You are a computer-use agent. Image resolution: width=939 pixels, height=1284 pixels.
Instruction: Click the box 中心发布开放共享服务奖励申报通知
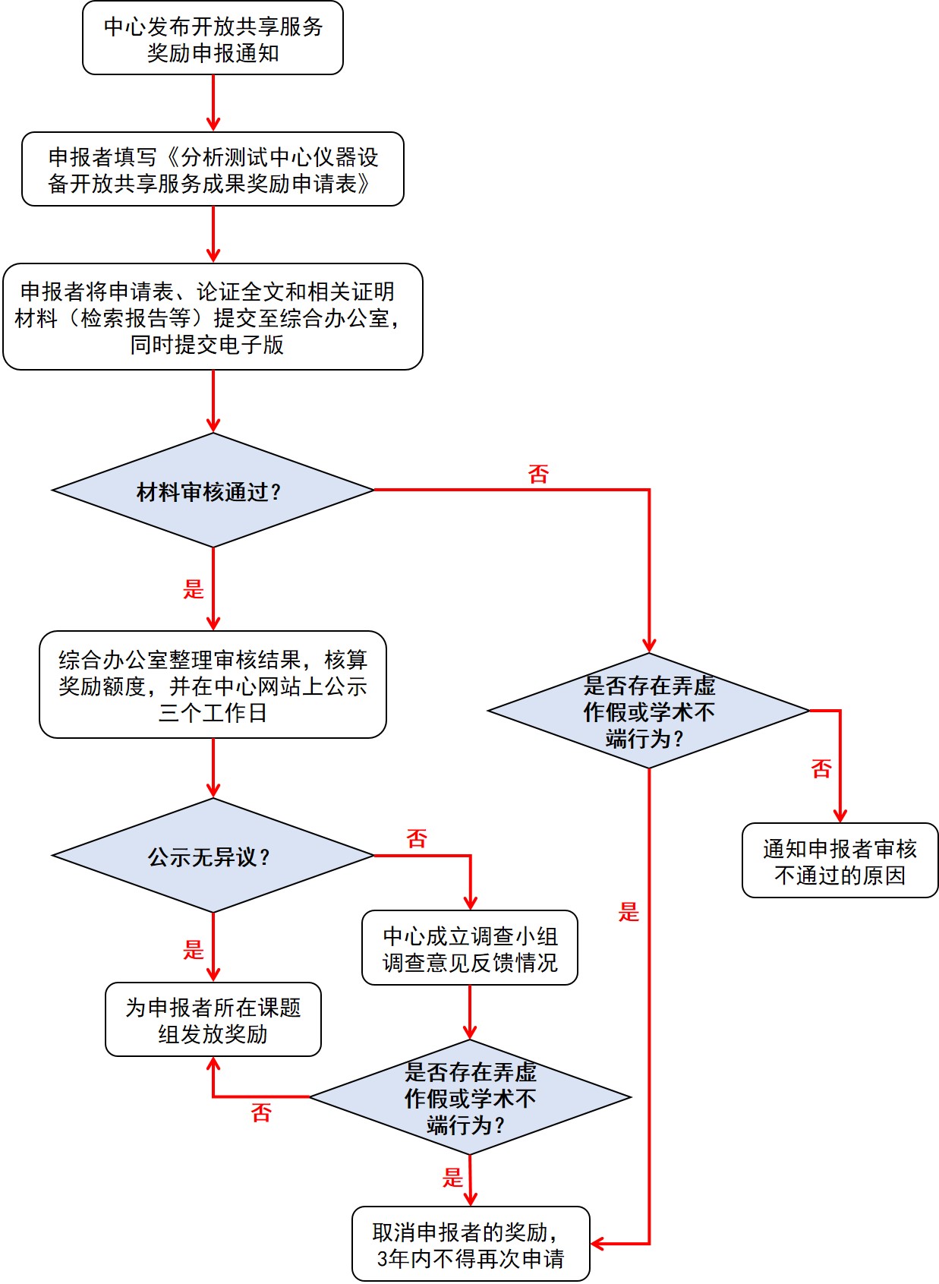(x=213, y=39)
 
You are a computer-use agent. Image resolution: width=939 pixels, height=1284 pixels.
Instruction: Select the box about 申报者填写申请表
(x=213, y=169)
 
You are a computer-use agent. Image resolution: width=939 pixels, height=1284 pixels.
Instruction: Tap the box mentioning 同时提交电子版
(x=213, y=317)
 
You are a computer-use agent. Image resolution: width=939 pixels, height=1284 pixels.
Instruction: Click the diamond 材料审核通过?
(x=213, y=491)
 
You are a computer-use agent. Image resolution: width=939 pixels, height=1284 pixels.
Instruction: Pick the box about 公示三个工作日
(x=213, y=685)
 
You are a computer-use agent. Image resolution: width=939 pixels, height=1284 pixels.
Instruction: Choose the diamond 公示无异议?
(x=213, y=856)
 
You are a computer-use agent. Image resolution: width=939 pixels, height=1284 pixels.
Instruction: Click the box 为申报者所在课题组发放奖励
(x=213, y=1020)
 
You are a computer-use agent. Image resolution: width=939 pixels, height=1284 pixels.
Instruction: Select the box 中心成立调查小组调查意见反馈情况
(x=470, y=948)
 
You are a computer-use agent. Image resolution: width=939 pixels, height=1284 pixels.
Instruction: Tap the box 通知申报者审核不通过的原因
(x=840, y=861)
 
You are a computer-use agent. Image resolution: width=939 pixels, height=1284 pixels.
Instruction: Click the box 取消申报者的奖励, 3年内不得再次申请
(x=471, y=1245)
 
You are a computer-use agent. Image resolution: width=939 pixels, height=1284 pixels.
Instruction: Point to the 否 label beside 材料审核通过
(x=538, y=475)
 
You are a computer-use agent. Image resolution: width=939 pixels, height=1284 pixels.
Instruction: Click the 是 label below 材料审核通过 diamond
(x=194, y=588)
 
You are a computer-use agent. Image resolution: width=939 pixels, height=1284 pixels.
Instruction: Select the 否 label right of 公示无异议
(x=417, y=839)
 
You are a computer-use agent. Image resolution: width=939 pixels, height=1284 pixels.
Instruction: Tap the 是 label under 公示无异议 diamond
(x=194, y=949)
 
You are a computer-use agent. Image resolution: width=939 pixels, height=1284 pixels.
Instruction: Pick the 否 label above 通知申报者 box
(x=821, y=769)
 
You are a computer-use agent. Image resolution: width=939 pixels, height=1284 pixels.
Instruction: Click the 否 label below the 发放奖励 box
(x=261, y=1113)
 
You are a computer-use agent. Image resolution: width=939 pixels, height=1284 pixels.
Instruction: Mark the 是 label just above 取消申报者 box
(x=452, y=1178)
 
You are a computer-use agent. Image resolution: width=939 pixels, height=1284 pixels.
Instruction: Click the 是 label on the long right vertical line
(x=629, y=912)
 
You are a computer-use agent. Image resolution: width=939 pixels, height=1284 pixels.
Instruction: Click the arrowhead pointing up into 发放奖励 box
(x=213, y=1065)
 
